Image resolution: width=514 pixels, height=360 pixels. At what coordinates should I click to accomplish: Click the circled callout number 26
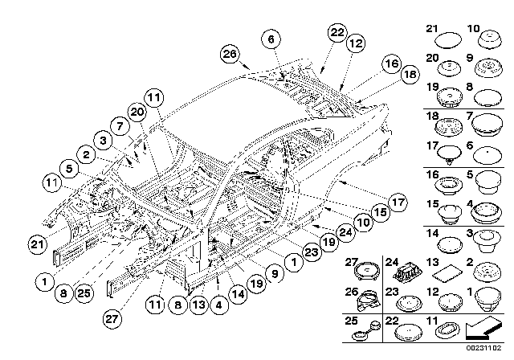[x=230, y=55]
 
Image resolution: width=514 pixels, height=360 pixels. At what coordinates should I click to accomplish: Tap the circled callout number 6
[x=271, y=39]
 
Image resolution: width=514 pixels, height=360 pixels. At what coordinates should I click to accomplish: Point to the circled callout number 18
[x=410, y=73]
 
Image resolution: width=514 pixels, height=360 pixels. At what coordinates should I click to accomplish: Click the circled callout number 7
[x=119, y=125]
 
